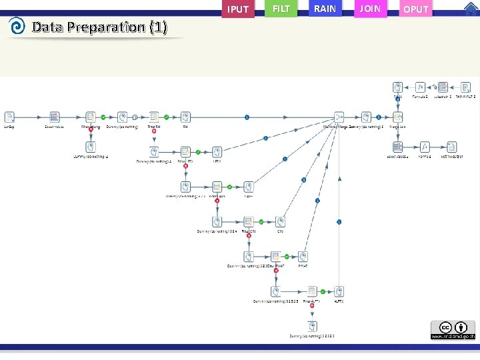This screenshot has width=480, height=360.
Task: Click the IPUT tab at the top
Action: (x=238, y=9)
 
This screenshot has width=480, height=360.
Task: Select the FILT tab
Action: (x=281, y=9)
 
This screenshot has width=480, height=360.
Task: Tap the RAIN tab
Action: (x=325, y=9)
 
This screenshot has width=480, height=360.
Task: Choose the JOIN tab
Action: (x=370, y=9)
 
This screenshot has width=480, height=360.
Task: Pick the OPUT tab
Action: (x=416, y=9)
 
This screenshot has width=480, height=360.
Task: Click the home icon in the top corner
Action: (x=471, y=8)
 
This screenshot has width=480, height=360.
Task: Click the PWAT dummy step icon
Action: (x=303, y=257)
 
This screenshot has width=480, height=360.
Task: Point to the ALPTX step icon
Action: (x=339, y=292)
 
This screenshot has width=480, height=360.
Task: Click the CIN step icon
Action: (x=281, y=222)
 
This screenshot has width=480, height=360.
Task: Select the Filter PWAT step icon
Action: (x=275, y=257)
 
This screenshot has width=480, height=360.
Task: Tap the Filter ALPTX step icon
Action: (x=311, y=292)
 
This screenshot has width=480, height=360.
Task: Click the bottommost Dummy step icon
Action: (x=312, y=326)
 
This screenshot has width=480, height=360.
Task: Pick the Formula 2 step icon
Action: (x=420, y=87)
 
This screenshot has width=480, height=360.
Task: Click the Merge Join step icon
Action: (x=397, y=117)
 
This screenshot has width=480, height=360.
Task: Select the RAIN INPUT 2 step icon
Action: (x=466, y=87)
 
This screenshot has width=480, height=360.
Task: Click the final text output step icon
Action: (x=451, y=147)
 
